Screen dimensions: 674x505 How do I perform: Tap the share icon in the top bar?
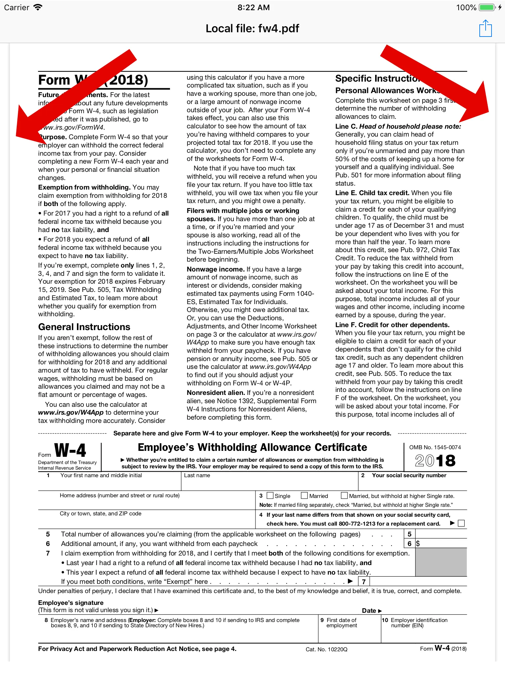[x=485, y=29]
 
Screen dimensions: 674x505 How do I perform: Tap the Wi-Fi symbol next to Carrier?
[x=38, y=7]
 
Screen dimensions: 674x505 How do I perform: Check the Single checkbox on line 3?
[x=270, y=495]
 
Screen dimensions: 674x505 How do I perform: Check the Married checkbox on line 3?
[x=304, y=495]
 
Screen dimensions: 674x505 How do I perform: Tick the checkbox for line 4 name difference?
[x=461, y=523]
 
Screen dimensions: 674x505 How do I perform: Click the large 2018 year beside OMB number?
[x=435, y=460]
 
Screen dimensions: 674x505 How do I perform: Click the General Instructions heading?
[x=84, y=327]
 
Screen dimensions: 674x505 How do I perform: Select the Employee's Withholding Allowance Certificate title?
[x=252, y=447]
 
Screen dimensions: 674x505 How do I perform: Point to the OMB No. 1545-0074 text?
[x=435, y=447]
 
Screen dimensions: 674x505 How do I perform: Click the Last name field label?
[x=197, y=475]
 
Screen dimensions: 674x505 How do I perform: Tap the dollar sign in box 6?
[x=418, y=543]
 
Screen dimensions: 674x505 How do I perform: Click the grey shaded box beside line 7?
[x=441, y=562]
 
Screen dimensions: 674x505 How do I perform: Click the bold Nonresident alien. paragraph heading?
[x=216, y=393]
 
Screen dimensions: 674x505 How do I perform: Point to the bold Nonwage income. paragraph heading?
[x=216, y=269]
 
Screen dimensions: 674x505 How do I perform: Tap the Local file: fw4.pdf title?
[x=252, y=29]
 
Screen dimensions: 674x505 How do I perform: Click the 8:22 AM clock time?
[x=253, y=7]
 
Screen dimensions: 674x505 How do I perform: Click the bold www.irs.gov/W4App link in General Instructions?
[x=71, y=412]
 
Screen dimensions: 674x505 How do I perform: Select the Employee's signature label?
[x=71, y=603]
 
